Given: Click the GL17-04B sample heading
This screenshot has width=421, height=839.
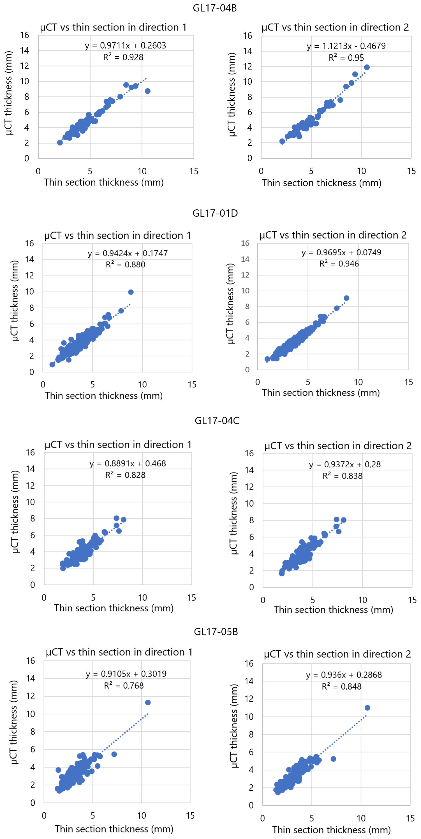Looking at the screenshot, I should click(x=215, y=8).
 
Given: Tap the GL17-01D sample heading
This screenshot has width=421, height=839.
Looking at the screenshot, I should click(x=215, y=213).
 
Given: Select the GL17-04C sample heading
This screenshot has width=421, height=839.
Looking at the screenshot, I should click(x=217, y=420).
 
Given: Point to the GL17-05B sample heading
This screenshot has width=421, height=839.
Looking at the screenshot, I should click(x=216, y=632).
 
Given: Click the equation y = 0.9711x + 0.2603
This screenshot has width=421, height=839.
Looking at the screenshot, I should click(x=125, y=45).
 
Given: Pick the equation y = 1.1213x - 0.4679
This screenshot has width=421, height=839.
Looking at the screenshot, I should click(x=346, y=46).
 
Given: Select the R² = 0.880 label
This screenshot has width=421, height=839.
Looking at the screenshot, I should click(x=125, y=264).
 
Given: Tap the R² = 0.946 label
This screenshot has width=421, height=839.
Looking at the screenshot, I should click(x=339, y=264).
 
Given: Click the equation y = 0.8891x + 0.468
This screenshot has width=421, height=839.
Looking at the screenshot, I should click(x=128, y=463).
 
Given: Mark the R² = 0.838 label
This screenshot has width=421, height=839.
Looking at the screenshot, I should click(x=342, y=476).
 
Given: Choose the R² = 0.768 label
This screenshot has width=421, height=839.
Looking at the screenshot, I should click(x=124, y=686).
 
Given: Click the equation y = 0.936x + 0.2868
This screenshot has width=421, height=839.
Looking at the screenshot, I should click(x=344, y=674).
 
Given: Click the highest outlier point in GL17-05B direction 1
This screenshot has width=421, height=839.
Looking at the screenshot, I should click(x=148, y=702).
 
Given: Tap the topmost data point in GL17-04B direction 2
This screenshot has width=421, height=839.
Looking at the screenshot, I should click(x=367, y=67).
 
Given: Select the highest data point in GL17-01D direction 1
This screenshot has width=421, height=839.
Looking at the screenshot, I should click(x=131, y=292).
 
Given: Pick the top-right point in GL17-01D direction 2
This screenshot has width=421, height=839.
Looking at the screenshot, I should click(x=346, y=298).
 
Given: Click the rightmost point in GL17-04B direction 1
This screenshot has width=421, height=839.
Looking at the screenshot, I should click(x=148, y=91).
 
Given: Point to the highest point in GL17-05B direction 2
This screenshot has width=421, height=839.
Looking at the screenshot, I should click(x=367, y=708).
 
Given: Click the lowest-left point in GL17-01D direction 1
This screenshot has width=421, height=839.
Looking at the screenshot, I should click(x=52, y=364).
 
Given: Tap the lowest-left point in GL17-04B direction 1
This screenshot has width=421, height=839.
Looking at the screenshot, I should click(x=60, y=143).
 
